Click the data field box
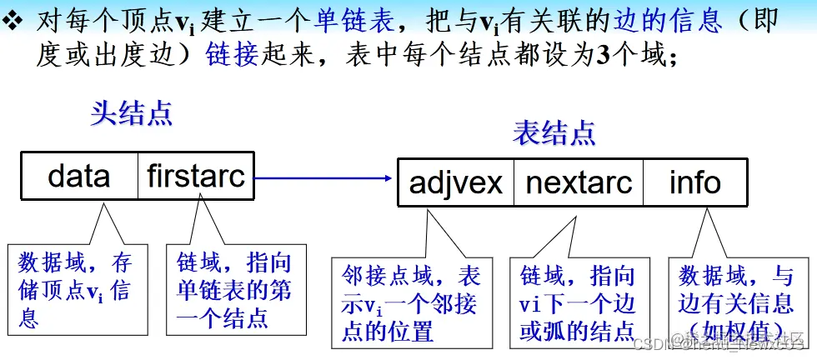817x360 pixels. click(79, 176)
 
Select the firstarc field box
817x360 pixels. click(197, 176)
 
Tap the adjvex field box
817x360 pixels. click(456, 182)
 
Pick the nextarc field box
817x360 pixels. click(579, 182)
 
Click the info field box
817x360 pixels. click(695, 182)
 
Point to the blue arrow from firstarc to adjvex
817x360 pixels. click(325, 177)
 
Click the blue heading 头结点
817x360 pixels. click(132, 113)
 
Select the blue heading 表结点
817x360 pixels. click(554, 132)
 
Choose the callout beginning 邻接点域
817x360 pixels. click(411, 302)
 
